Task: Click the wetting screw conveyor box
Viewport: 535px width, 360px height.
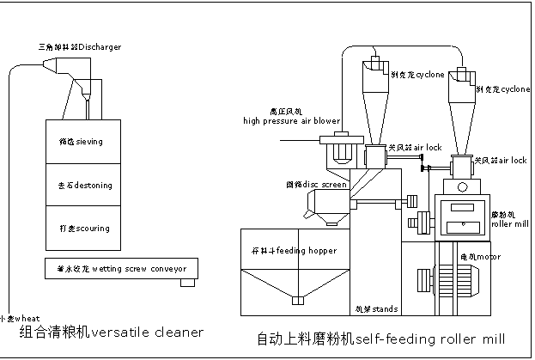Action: pos(119,267)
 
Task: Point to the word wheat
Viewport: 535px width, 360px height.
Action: pos(15,316)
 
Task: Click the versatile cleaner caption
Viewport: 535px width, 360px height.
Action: pos(112,332)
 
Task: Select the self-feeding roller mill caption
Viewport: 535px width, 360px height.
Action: pos(381,339)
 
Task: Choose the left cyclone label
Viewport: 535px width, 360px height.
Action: pos(417,76)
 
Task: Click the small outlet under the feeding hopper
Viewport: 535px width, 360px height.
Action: pos(298,301)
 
